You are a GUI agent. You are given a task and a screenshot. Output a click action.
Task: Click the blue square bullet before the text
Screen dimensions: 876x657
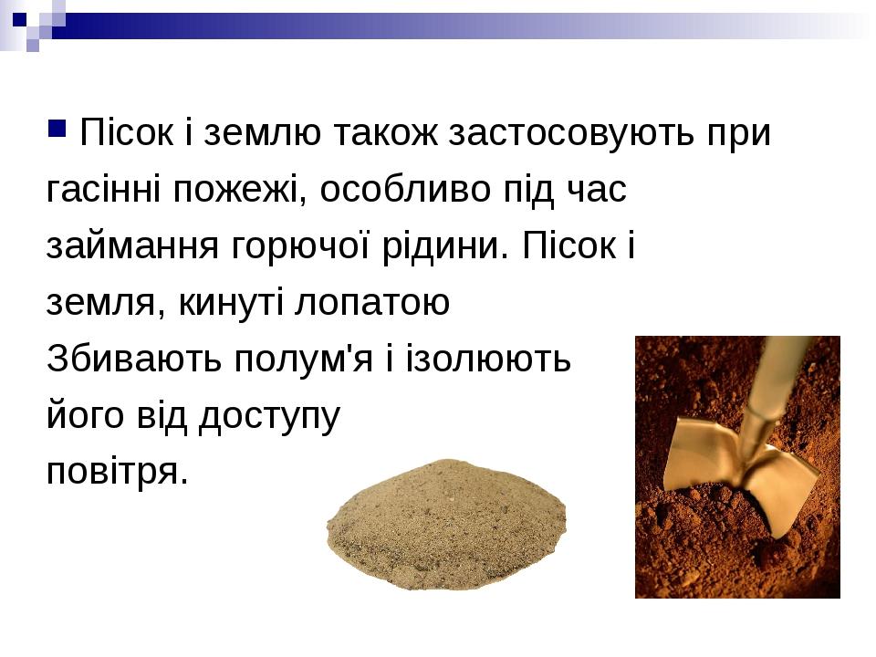click(57, 128)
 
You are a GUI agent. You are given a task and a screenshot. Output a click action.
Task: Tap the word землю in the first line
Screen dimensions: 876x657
click(262, 133)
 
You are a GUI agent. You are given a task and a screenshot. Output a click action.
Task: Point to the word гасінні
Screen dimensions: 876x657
click(103, 189)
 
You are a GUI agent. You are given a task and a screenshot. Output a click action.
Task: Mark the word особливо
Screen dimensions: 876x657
click(405, 189)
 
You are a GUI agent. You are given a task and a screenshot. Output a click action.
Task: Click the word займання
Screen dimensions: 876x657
click(132, 245)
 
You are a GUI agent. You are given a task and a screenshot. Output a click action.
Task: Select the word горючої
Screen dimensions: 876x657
click(300, 245)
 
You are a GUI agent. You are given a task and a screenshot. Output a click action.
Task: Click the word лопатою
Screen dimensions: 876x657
click(372, 302)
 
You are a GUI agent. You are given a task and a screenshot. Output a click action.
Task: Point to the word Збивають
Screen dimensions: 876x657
click(134, 358)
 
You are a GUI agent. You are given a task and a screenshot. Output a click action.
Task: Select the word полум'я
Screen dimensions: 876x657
click(303, 359)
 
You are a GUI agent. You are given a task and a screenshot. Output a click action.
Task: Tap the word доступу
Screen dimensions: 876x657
click(269, 416)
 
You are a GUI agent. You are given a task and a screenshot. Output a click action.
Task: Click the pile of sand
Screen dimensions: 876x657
click(446, 525)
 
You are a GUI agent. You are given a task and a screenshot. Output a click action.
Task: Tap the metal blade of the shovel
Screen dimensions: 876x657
click(743, 469)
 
